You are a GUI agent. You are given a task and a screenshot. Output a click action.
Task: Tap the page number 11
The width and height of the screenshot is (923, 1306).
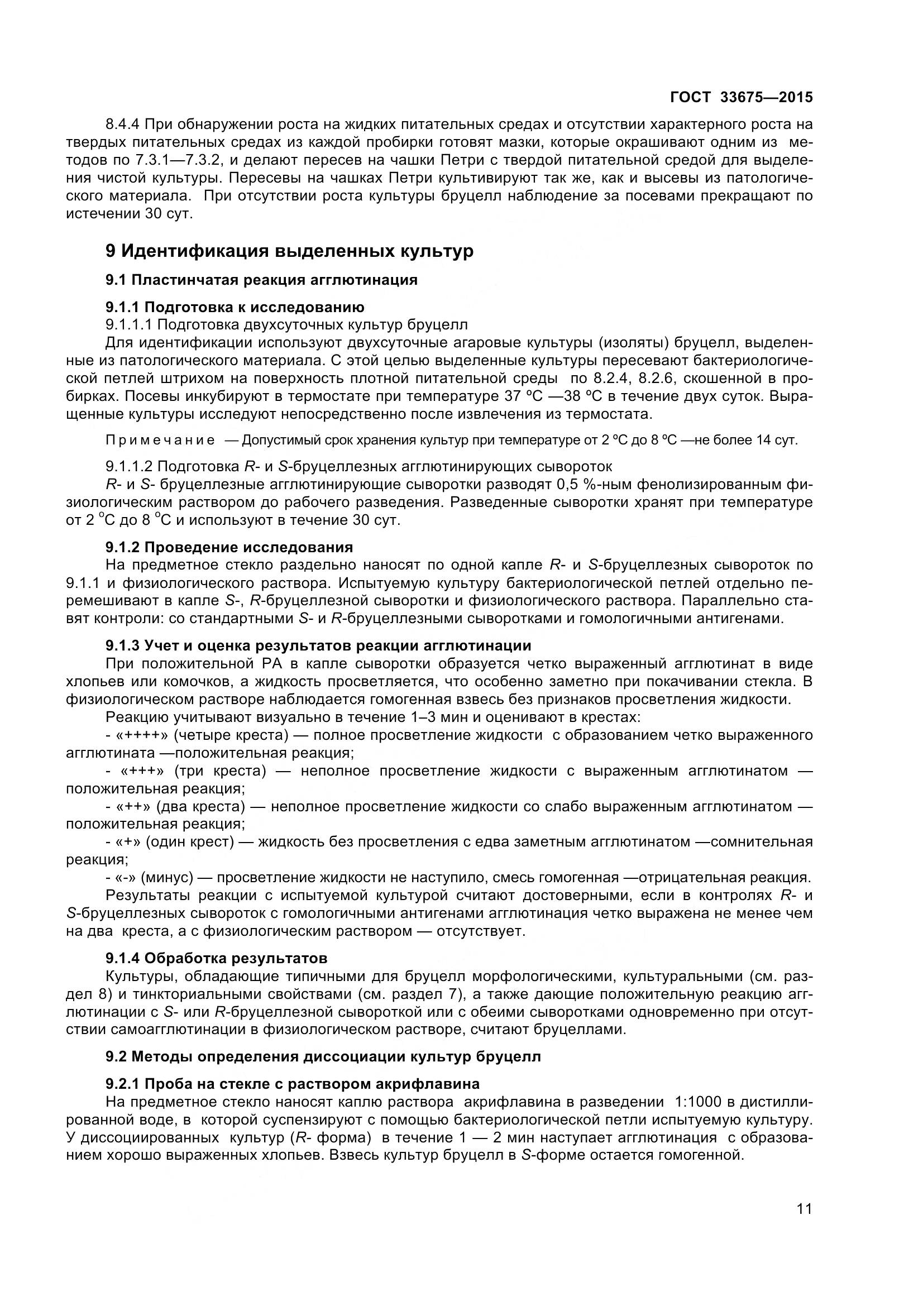(804, 1224)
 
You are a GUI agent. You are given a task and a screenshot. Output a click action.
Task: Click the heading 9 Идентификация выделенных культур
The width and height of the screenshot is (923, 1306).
(289, 251)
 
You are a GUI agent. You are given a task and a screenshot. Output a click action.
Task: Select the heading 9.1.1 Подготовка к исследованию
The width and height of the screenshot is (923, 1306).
(235, 307)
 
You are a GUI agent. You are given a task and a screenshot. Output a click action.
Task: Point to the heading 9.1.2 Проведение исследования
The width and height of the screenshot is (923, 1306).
(229, 547)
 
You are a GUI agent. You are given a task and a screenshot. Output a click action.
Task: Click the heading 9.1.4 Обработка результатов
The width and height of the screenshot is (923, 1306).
(217, 958)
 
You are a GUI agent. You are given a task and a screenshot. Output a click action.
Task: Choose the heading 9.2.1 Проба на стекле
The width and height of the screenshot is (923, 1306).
(293, 1083)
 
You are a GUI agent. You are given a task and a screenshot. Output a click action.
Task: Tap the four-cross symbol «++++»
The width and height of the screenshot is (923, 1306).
(142, 735)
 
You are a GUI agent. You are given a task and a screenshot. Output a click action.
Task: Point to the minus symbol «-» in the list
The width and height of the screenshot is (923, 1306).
(126, 877)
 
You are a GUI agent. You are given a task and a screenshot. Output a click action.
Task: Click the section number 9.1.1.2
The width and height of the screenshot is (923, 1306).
(129, 466)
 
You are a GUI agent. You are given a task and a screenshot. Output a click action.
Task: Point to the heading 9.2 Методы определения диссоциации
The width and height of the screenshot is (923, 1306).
(323, 1056)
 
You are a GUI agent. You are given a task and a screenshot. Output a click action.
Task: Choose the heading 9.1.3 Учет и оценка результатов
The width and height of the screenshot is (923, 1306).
(318, 645)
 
